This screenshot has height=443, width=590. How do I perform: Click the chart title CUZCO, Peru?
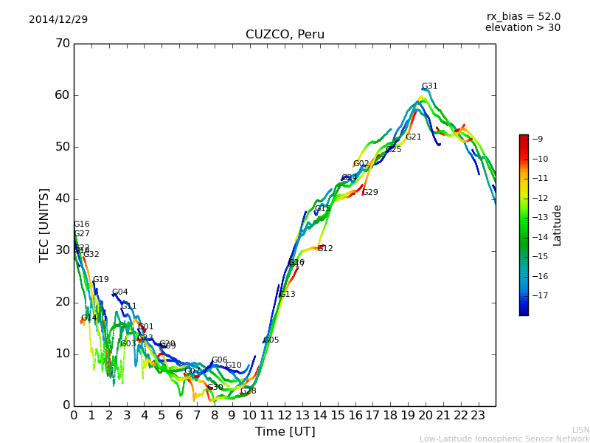pos(285,35)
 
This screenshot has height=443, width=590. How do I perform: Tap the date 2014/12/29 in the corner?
pos(58,19)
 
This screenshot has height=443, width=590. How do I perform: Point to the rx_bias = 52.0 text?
pos(523,16)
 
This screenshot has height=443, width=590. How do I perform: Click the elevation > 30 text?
pos(522,28)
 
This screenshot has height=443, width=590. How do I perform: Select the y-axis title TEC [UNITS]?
pos(44,224)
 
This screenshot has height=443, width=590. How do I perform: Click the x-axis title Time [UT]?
pos(285,432)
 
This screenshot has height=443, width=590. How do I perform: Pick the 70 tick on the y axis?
pos(62,44)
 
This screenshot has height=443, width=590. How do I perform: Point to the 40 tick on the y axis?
pos(62,199)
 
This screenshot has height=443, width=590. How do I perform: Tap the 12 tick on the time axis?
pos(285,416)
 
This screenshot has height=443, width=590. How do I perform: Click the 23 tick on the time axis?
pos(478,416)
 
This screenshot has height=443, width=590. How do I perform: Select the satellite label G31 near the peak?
pos(429,86)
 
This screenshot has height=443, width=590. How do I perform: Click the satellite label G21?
pos(413,137)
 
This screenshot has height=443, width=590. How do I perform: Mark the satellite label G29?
pos(369,193)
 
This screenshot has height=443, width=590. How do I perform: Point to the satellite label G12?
pos(324,249)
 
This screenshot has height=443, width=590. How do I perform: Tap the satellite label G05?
pos(271,340)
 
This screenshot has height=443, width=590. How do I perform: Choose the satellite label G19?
pos(100,280)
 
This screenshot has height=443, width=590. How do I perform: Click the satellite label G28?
pos(248,391)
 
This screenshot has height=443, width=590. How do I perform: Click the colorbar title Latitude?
pos(558,224)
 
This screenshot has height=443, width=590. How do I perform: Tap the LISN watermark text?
pos(580,430)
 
